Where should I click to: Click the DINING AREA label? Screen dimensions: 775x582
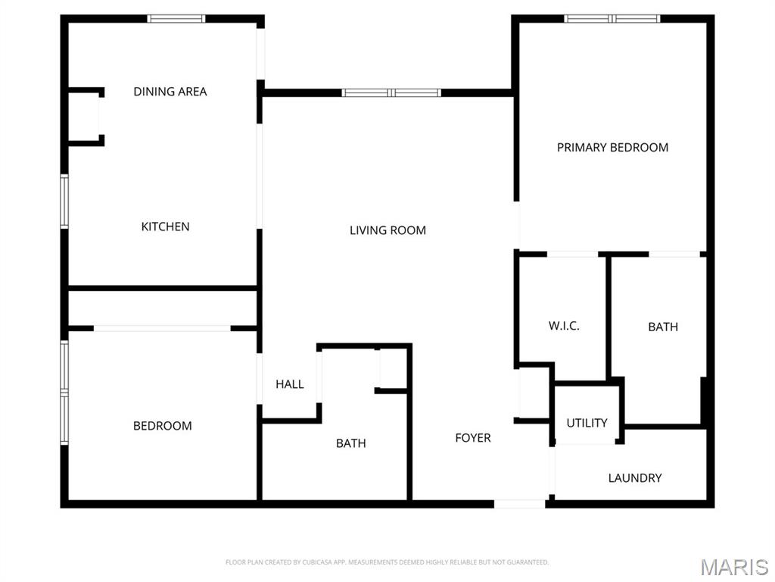pos(170,92)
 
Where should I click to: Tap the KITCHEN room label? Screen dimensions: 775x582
pos(165,227)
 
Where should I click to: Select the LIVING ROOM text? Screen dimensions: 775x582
pos(387,230)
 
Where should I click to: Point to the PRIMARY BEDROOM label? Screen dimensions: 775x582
pos(612,148)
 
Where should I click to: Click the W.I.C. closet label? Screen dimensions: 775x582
pos(564,326)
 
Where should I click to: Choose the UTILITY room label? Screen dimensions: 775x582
pos(587,423)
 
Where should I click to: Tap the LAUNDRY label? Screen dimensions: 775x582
pos(635,478)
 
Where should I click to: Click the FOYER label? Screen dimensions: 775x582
pos(473,438)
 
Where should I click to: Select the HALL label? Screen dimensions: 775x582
pos(290,384)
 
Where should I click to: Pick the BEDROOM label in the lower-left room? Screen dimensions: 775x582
pos(163,426)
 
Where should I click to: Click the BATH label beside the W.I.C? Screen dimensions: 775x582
pos(663,327)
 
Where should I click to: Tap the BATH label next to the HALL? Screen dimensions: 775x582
pos(351,443)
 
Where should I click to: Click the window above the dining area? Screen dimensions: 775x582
pos(176,19)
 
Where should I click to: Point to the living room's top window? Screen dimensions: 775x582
pos(391,92)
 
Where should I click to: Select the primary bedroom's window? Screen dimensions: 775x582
pos(612,19)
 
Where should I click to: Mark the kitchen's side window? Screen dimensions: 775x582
pos(64,202)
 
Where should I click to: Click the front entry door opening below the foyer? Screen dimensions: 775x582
pos(520,504)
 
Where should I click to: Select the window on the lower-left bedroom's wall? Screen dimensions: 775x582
pos(64,393)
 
